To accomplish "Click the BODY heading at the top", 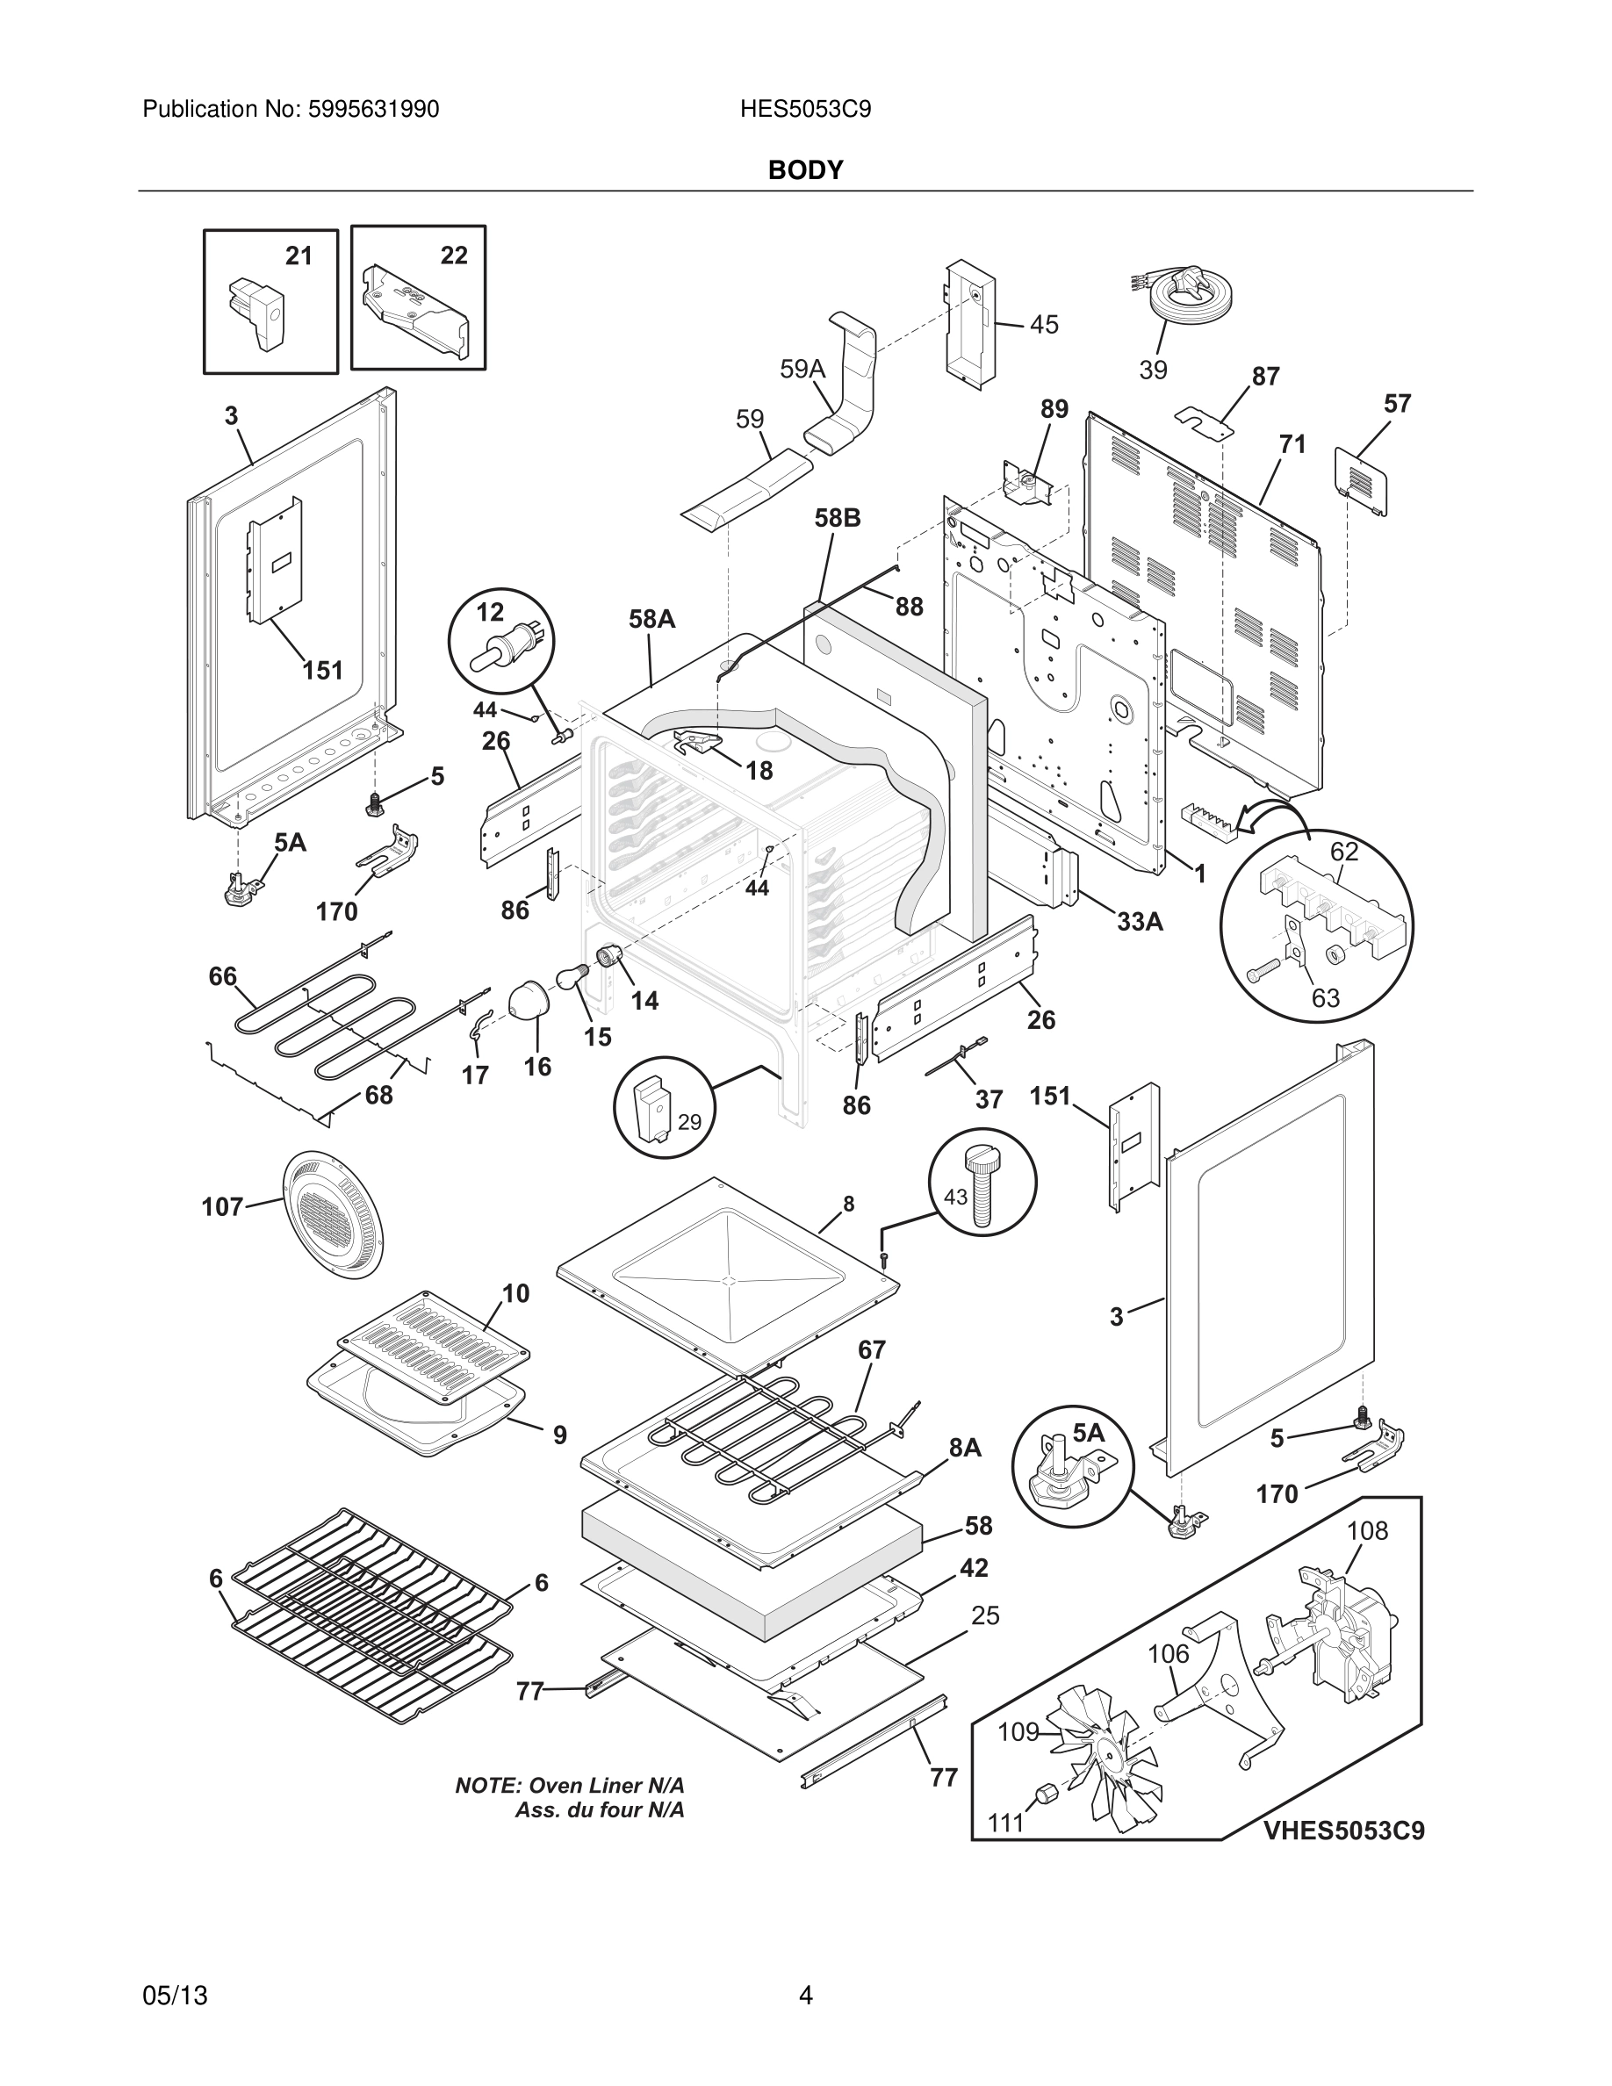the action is point(805,170).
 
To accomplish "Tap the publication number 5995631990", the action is point(373,110).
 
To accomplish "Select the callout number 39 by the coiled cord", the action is point(1153,370).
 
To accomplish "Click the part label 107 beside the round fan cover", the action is point(222,1207).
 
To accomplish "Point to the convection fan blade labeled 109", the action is point(1107,1762).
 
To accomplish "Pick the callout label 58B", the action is point(838,518).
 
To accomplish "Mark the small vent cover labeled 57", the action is point(1361,480).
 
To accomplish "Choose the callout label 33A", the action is point(1141,922).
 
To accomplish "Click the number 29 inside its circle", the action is point(689,1122).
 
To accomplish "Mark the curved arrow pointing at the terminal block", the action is point(1272,815).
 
